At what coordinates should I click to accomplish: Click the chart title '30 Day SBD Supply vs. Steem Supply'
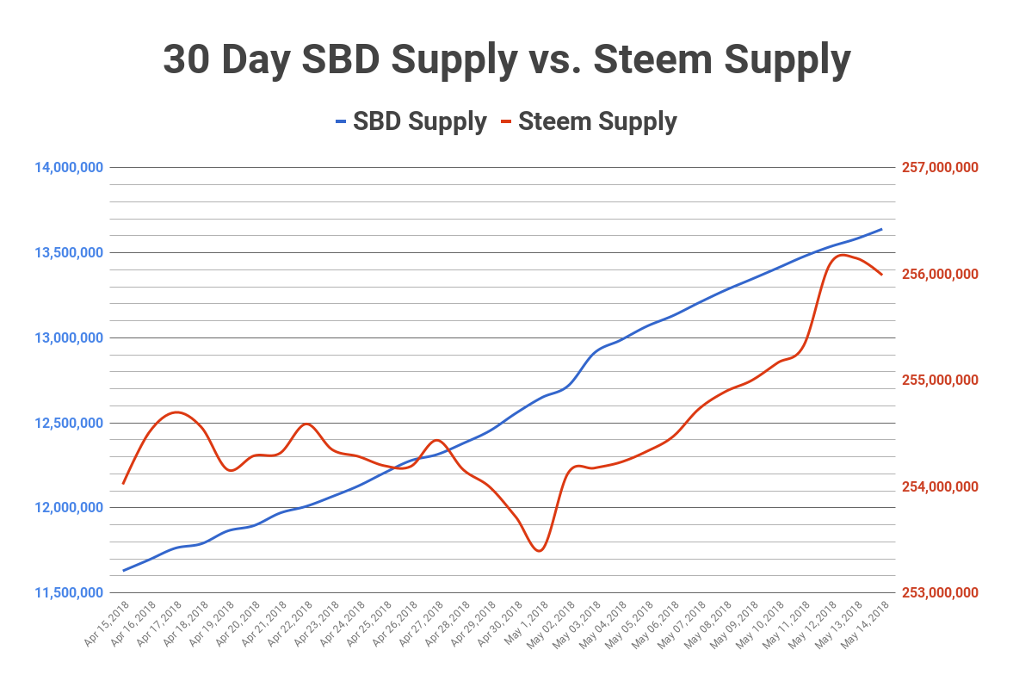click(x=506, y=60)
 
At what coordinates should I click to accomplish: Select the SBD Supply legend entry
click(x=411, y=121)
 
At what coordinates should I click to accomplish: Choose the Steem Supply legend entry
click(x=596, y=121)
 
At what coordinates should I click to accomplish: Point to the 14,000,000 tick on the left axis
click(x=69, y=168)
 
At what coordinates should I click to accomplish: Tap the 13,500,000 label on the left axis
click(x=69, y=253)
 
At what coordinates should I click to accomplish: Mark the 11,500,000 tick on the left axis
click(x=69, y=593)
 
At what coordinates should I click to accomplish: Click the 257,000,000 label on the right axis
click(x=940, y=168)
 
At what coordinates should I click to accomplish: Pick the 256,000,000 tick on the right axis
click(x=940, y=275)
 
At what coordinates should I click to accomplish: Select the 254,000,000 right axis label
click(x=940, y=487)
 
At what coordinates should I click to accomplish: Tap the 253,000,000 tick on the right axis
click(x=940, y=593)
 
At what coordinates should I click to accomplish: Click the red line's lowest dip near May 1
click(x=539, y=551)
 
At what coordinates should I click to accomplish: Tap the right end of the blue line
click(x=882, y=229)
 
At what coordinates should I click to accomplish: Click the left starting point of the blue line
click(x=124, y=570)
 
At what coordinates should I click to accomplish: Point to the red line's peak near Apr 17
click(x=176, y=412)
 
